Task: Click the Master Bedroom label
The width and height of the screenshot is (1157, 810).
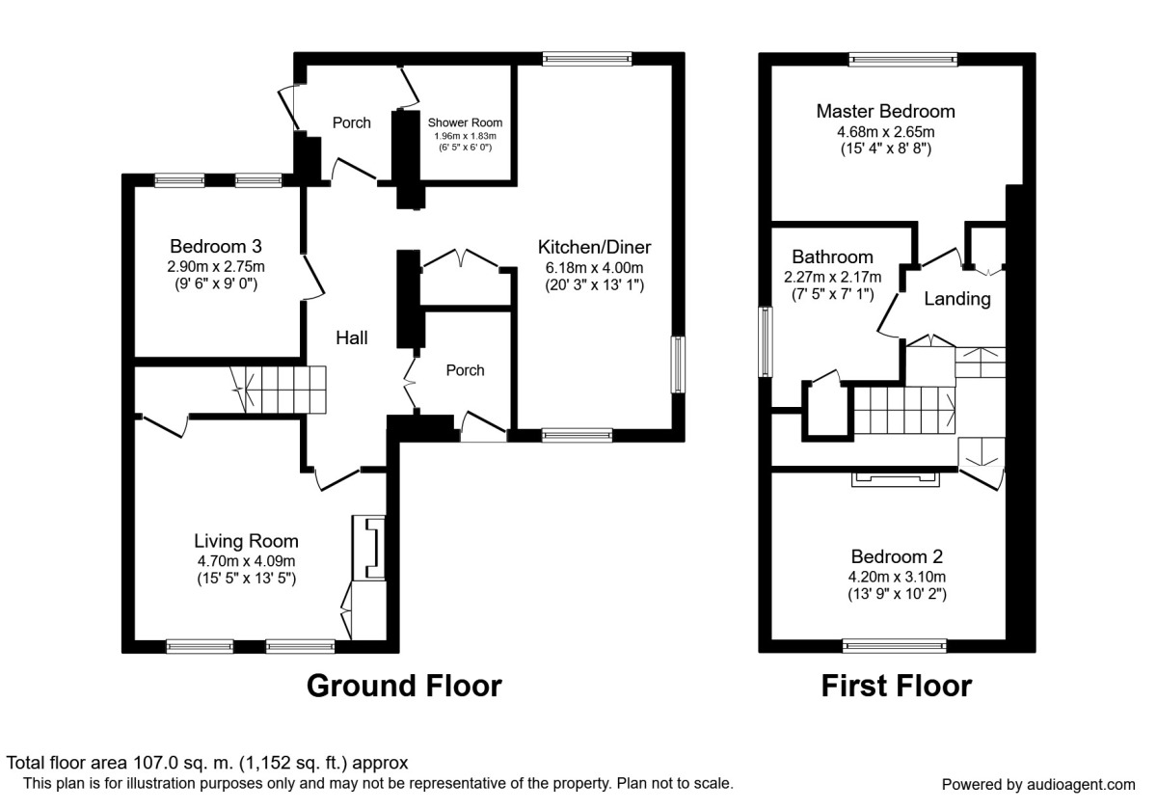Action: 885,111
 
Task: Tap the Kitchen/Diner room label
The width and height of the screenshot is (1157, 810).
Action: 595,247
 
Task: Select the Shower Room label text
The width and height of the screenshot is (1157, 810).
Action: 465,122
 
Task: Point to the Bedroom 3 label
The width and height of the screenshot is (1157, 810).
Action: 216,246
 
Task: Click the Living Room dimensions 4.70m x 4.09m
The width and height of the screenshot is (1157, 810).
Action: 247,561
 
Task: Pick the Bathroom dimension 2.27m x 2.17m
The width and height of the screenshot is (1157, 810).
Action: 833,277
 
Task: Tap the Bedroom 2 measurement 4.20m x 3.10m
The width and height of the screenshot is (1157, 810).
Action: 898,577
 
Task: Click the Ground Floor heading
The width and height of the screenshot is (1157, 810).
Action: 404,686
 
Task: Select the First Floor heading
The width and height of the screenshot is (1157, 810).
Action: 897,686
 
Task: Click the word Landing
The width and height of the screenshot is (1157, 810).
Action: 957,299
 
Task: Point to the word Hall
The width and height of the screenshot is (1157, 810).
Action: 352,337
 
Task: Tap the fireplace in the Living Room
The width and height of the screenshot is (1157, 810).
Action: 368,548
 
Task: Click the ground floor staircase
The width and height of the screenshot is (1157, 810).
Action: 279,390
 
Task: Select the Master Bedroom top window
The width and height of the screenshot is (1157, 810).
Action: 903,60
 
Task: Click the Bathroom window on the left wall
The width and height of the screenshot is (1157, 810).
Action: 765,342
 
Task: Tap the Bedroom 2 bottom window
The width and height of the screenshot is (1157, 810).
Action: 895,646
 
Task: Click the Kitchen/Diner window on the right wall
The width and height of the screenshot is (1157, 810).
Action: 678,364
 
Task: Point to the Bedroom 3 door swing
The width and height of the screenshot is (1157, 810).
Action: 313,277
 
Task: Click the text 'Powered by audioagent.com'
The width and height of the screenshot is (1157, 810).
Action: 1038,785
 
